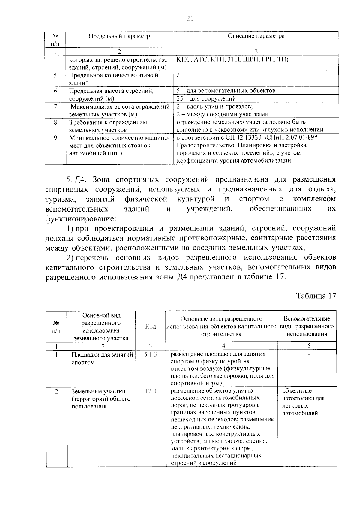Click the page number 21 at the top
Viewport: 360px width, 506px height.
coord(189,19)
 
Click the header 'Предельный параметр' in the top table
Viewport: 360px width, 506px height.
coord(119,36)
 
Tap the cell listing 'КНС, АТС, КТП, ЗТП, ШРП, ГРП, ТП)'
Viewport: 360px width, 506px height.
coord(232,59)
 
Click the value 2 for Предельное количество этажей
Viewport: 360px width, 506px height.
coord(178,75)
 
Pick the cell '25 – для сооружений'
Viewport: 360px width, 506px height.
coord(206,98)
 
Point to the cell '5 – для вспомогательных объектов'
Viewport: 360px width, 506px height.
coord(226,91)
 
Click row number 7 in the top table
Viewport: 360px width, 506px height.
coord(55,107)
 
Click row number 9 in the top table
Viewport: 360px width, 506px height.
coord(55,138)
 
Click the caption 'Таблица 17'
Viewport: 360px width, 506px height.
coord(316,296)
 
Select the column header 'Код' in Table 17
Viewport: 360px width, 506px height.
coord(150,327)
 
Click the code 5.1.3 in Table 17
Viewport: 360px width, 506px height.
coord(150,354)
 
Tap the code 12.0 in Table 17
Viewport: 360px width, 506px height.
coord(151,391)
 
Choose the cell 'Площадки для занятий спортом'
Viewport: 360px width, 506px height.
coord(102,358)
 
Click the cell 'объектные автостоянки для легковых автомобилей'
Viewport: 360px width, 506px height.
coord(303,402)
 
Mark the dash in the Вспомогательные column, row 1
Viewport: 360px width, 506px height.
coord(309,354)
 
